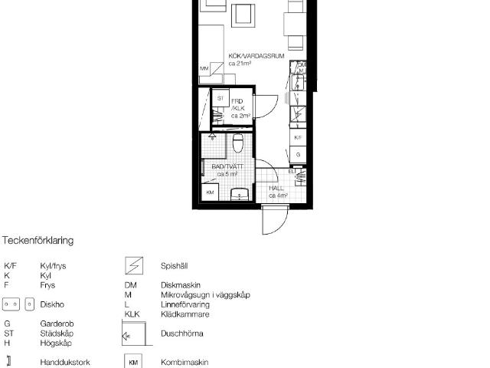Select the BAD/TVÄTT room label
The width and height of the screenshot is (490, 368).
point(230,169)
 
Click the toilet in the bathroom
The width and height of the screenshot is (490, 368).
point(238,143)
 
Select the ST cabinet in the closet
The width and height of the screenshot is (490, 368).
point(220,100)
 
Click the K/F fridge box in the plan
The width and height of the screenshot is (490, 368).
point(299,137)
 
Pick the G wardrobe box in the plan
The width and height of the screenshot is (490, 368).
point(299,154)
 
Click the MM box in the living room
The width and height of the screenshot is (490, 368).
point(204,69)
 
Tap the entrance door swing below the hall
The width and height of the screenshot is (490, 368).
point(273,222)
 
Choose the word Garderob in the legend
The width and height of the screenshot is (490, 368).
point(57,324)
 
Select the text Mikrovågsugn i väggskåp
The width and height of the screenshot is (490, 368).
point(204,295)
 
